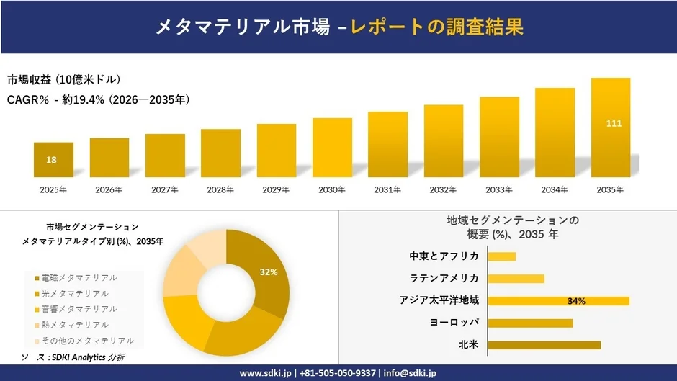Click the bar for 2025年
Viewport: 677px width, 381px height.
pyautogui.click(x=53, y=161)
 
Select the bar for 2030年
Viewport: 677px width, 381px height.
pyautogui.click(x=332, y=148)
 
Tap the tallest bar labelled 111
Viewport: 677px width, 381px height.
pyautogui.click(x=611, y=128)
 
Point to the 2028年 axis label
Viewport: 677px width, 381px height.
pyautogui.click(x=220, y=189)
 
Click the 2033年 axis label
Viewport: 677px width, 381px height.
pyautogui.click(x=499, y=189)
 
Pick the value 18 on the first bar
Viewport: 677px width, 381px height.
pyautogui.click(x=52, y=160)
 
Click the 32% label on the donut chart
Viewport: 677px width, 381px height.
pyautogui.click(x=269, y=272)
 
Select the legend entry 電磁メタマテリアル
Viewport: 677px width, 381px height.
pyautogui.click(x=79, y=277)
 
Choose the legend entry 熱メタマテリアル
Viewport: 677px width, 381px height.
pyautogui.click(x=75, y=325)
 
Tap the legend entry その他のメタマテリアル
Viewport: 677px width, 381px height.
pyautogui.click(x=87, y=341)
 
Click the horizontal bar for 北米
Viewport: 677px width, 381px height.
pyautogui.click(x=544, y=345)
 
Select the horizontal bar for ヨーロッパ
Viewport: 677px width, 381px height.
pyautogui.click(x=530, y=323)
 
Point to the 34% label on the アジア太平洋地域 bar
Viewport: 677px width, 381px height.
pyautogui.click(x=576, y=301)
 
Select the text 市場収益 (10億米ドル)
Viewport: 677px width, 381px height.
pyautogui.click(x=63, y=79)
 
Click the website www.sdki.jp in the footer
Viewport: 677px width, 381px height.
pyautogui.click(x=264, y=373)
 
